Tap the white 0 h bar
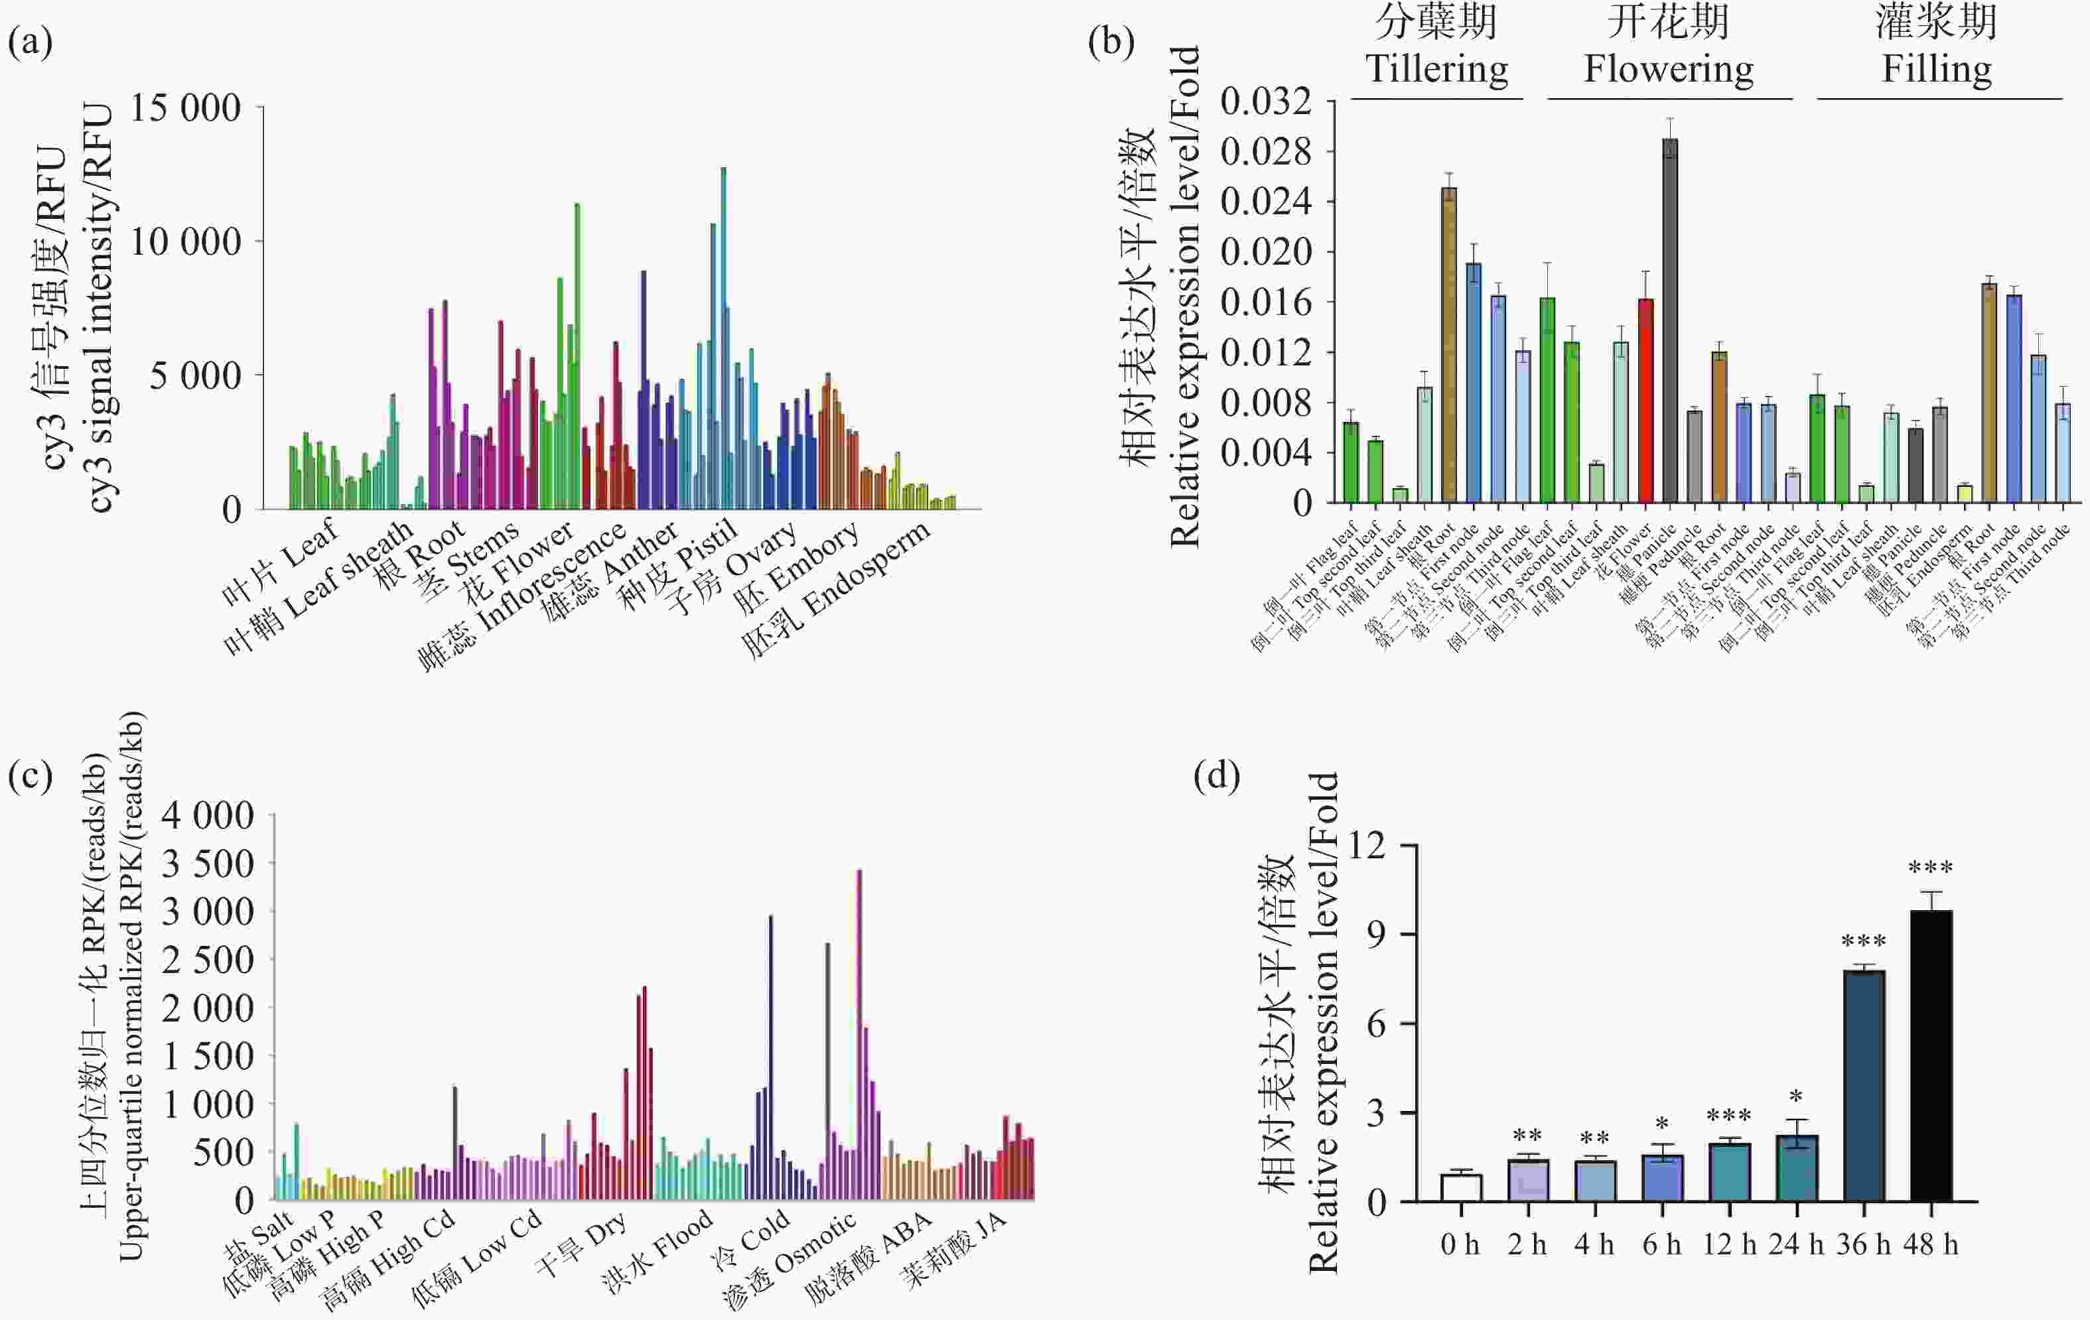(1461, 1188)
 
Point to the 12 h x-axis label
(1729, 1244)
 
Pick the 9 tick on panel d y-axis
(1377, 935)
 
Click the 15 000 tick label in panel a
(185, 109)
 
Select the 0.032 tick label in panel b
(1265, 101)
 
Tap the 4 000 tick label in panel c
(208, 816)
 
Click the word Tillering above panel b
(1436, 68)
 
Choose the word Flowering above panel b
(1668, 68)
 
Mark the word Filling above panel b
(1936, 68)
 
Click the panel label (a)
(31, 40)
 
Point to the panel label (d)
(1216, 775)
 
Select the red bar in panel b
(1645, 400)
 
